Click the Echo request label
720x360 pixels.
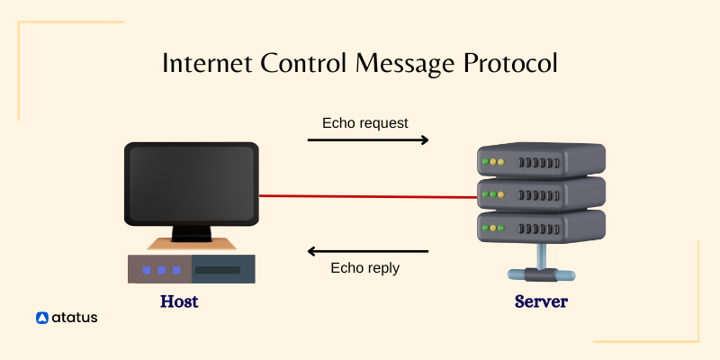(364, 122)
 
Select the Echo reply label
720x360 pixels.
(364, 267)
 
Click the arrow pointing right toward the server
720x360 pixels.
(368, 140)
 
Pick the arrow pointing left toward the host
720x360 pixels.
(368, 251)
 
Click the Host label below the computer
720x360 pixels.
(179, 301)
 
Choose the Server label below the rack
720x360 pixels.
(541, 301)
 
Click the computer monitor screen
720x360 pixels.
(191, 183)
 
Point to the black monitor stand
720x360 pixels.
(191, 234)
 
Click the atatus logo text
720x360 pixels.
(75, 318)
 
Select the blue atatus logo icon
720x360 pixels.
(41, 318)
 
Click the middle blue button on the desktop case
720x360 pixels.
(162, 269)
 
